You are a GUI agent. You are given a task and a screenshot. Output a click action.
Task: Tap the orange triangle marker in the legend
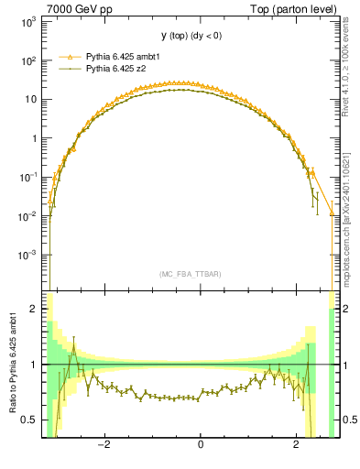tap(69, 57)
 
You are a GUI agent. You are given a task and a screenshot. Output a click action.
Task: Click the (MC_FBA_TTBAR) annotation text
tap(190, 274)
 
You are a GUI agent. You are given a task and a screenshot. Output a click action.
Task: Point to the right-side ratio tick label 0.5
tap(349, 420)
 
